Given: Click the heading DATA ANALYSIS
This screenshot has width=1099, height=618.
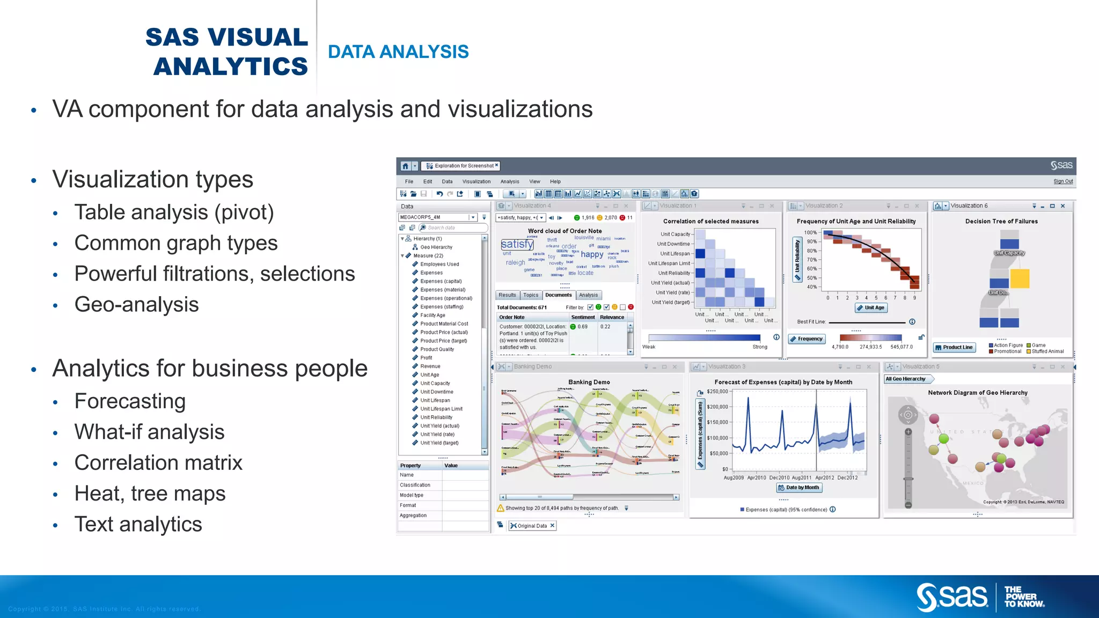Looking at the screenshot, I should [398, 52].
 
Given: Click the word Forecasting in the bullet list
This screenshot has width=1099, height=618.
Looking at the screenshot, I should [130, 401].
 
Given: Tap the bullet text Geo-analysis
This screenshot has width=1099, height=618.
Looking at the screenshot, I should [136, 305].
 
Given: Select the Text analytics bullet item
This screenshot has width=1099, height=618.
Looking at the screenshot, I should [138, 524].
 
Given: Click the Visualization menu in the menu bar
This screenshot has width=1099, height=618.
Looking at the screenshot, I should [476, 182].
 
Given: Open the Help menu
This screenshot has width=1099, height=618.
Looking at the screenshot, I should [555, 182].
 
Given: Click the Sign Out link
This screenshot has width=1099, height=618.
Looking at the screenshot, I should [1063, 181].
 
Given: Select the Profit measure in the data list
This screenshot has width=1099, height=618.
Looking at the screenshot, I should [426, 358].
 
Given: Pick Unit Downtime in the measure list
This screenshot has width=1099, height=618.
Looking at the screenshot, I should [436, 392].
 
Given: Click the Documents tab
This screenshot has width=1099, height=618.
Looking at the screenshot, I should [558, 295].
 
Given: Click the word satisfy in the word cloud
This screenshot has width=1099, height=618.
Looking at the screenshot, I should [517, 244].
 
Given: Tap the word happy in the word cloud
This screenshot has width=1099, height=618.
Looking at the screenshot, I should [592, 255].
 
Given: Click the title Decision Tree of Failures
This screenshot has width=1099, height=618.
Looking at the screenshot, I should [1001, 222].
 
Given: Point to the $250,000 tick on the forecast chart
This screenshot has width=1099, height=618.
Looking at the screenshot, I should [717, 392].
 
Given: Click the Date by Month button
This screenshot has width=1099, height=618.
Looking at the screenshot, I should [799, 488].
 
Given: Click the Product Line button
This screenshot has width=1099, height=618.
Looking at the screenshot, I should [954, 348].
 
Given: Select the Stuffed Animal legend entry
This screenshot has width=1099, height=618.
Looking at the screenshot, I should [1047, 352].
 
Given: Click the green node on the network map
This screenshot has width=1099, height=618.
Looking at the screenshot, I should [943, 439].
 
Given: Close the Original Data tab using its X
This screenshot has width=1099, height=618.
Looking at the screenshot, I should [552, 526].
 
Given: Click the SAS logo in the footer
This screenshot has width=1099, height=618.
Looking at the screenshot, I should [952, 597].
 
